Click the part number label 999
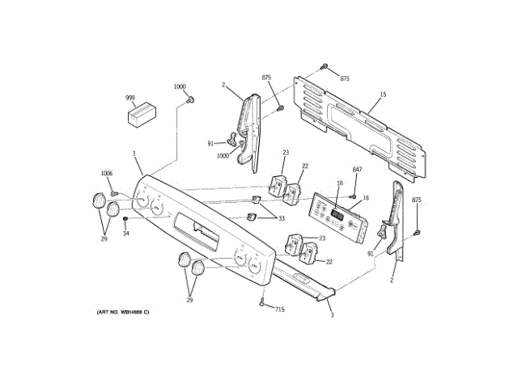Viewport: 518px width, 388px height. [129, 97]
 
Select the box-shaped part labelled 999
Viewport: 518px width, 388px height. [142, 113]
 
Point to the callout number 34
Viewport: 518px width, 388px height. [125, 234]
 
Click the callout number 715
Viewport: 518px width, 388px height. [279, 310]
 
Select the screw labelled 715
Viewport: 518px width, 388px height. [262, 303]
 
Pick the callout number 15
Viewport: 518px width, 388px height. [383, 95]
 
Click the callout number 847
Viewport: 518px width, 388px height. [357, 168]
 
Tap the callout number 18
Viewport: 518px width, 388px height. [340, 184]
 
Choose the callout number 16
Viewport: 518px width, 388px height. [365, 197]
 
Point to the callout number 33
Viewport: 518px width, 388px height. [282, 218]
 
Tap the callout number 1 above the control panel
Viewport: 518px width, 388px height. [134, 154]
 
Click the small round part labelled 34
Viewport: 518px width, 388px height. [125, 218]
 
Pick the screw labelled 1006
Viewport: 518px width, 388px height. [115, 193]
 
